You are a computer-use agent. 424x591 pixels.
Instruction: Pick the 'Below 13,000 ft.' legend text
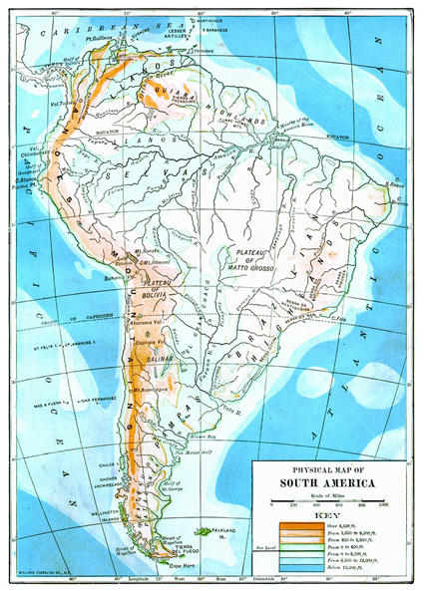[x=347, y=573]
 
